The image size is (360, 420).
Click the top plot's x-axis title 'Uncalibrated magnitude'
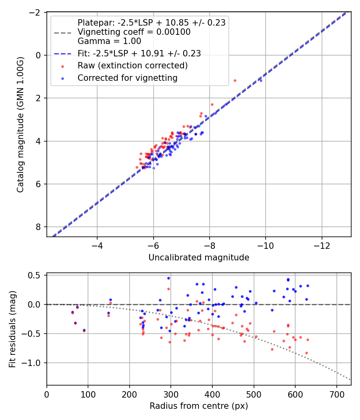pos(199,258)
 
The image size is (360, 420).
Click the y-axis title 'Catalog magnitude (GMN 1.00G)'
pos(20,124)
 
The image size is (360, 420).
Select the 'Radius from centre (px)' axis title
pos(199,406)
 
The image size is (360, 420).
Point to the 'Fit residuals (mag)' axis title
pos(12,329)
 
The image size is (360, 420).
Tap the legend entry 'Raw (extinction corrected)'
pos(133,65)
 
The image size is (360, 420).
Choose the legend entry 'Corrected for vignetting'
pos(128,78)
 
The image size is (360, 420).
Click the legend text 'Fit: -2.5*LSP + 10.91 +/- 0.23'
pos(139,53)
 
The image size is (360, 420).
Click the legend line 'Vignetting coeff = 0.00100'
pos(134,32)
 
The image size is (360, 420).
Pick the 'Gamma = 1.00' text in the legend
pos(109,41)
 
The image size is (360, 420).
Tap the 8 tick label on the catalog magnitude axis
pos(39,227)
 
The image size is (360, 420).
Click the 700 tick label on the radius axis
pos(336,394)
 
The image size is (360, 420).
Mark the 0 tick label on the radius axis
pos(47,394)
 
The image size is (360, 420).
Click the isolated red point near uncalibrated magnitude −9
pos(235,80)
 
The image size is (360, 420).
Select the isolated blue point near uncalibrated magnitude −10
pos(261,80)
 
